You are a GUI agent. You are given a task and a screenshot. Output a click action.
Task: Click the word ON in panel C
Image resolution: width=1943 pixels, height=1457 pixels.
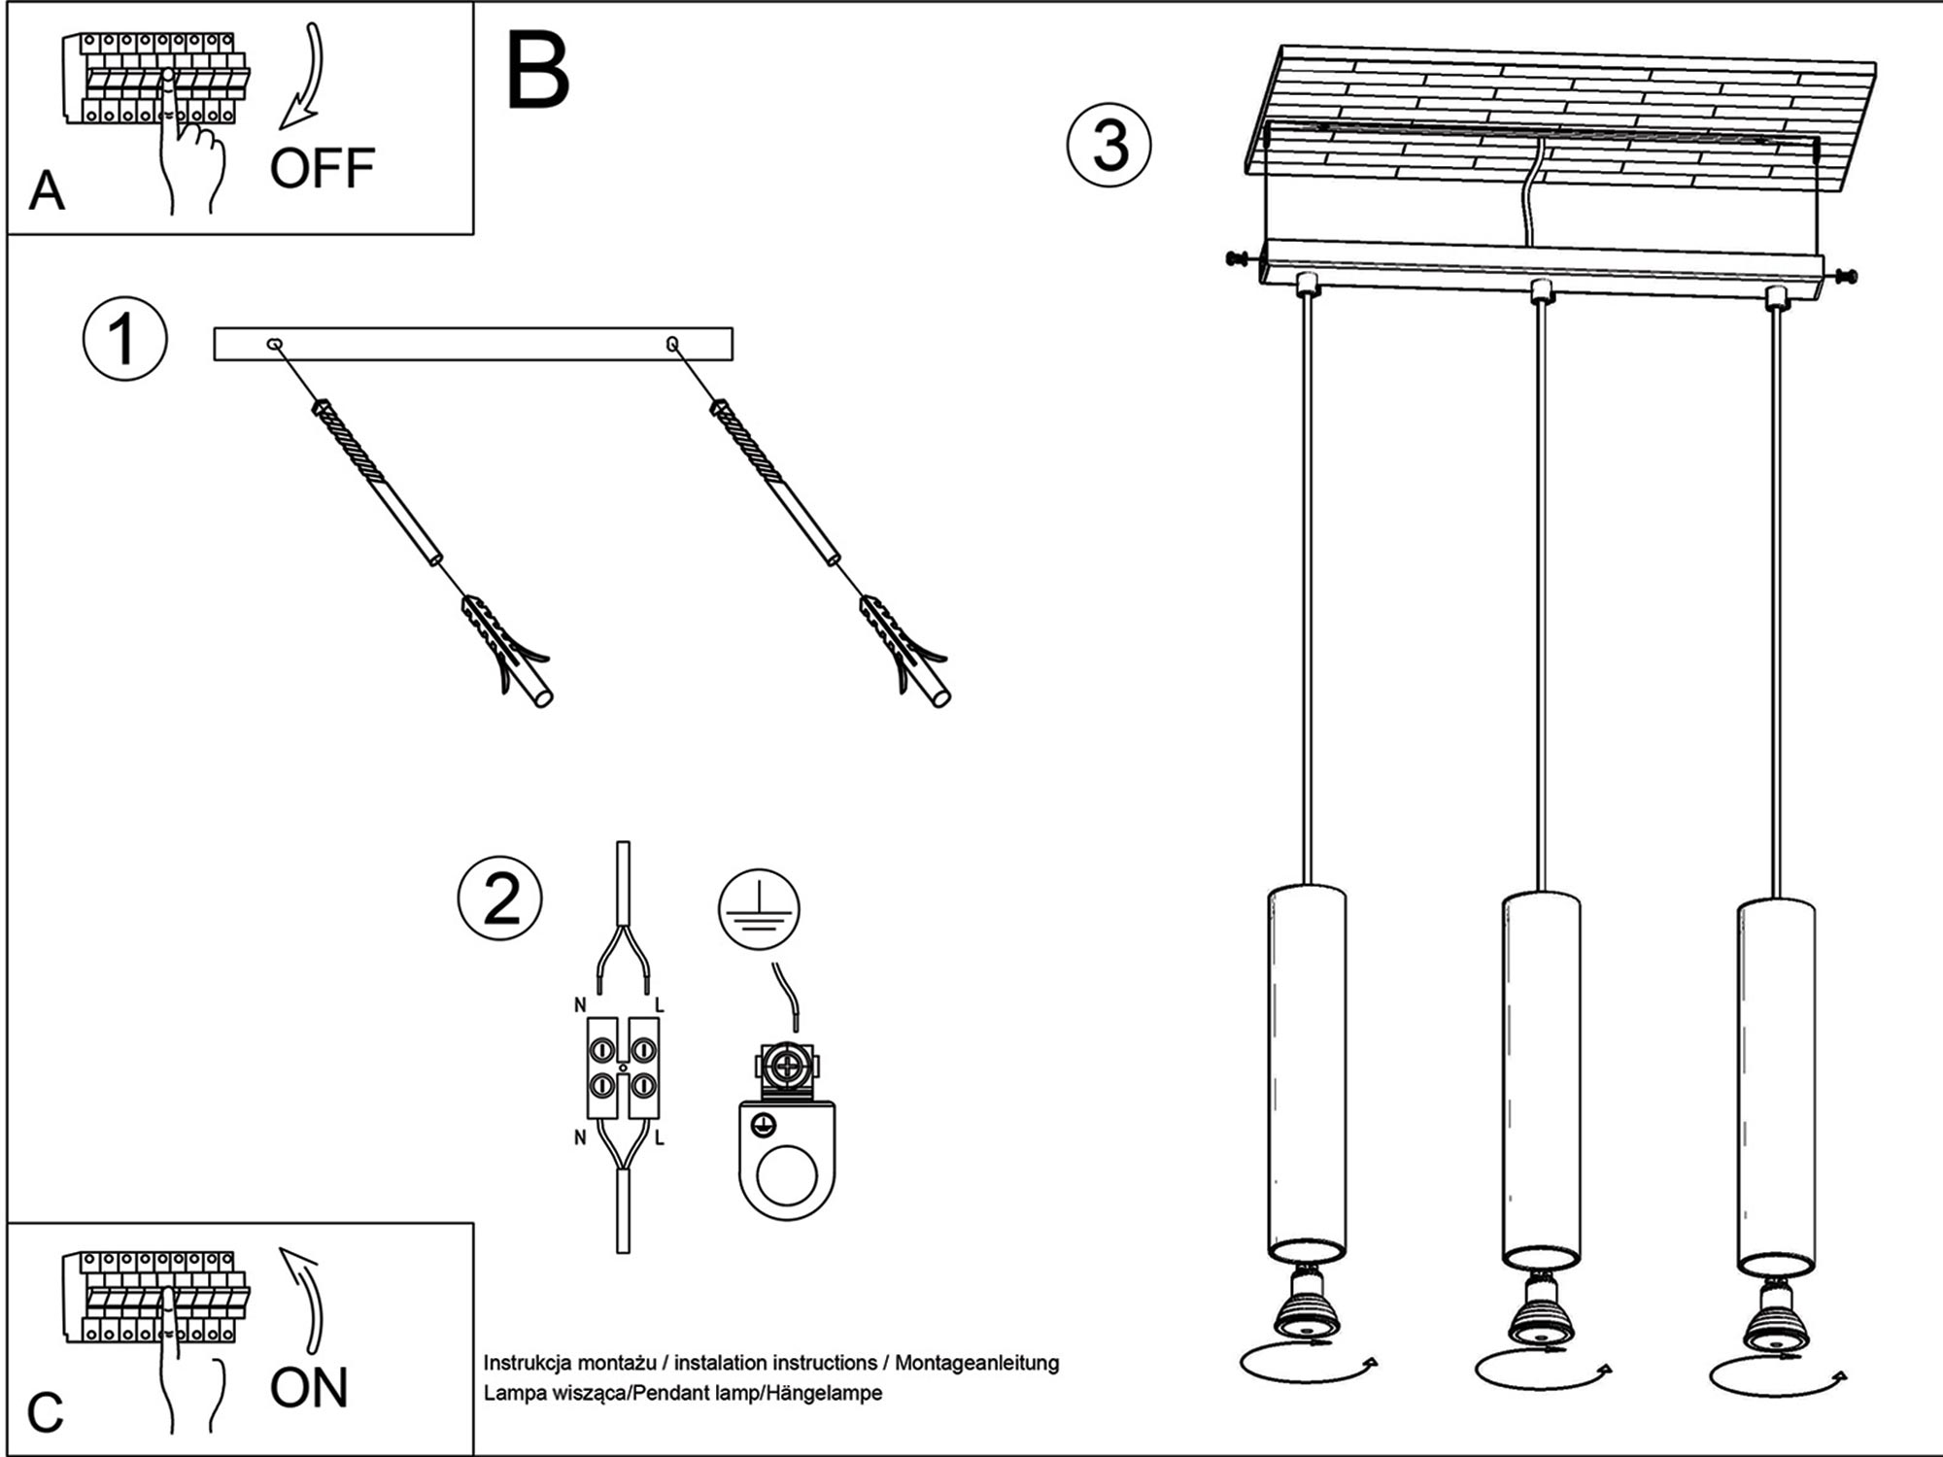click(309, 1388)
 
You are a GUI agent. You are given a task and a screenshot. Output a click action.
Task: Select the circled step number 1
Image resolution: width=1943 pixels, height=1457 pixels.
click(124, 340)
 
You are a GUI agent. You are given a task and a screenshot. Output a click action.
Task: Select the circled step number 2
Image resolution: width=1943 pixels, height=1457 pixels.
click(500, 899)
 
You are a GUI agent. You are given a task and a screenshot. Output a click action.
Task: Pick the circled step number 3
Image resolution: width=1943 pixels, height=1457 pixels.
click(1109, 146)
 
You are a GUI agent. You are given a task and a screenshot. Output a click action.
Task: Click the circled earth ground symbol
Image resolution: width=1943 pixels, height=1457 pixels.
click(759, 910)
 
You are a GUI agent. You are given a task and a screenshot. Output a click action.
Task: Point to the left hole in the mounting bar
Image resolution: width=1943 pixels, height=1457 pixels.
click(275, 343)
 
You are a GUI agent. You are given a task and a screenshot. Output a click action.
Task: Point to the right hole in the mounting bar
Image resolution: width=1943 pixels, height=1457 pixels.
click(672, 343)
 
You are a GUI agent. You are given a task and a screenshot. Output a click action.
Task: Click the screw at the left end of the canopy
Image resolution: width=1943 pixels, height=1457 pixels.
click(1239, 258)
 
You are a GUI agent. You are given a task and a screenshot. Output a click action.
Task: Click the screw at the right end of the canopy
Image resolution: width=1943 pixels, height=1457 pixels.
click(1845, 277)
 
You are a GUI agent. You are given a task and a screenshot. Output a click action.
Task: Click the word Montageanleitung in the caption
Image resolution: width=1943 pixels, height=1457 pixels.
click(976, 1363)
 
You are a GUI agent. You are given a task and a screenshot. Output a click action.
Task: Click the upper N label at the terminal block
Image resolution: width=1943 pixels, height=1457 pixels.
click(580, 1005)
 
